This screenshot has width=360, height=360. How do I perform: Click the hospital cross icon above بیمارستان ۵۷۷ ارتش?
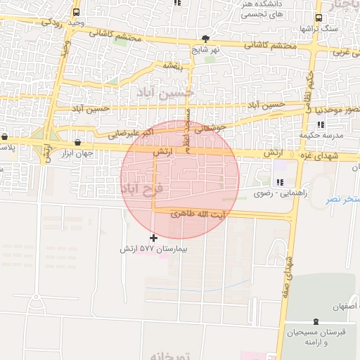(154, 238)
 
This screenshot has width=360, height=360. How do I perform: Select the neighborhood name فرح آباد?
(141, 188)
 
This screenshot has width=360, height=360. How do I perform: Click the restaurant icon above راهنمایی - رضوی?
(281, 182)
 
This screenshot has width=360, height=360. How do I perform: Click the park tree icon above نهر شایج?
(205, 39)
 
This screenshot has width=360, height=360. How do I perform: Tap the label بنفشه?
(173, 65)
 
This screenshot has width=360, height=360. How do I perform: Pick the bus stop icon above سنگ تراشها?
(319, 18)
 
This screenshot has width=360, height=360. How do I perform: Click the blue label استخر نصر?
(342, 200)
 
